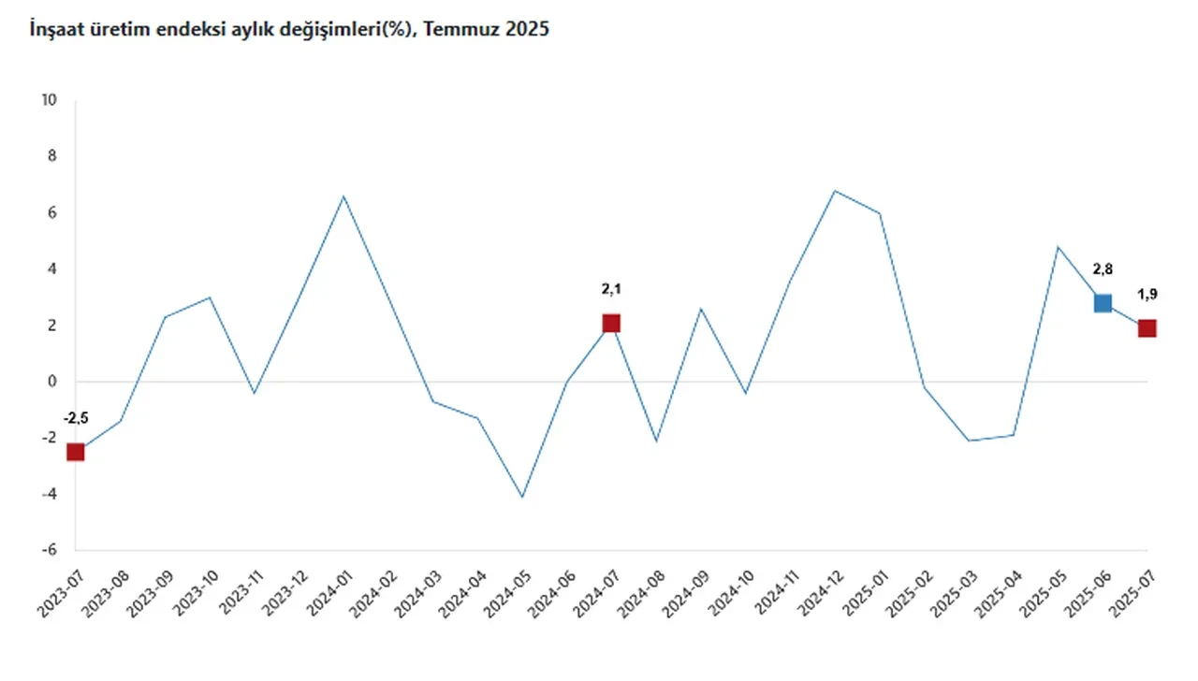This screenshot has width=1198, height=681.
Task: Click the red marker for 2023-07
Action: tap(75, 452)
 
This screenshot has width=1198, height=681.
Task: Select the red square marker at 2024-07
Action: tap(611, 323)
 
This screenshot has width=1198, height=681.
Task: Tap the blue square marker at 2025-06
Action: tap(1103, 302)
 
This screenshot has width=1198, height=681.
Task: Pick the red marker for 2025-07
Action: tap(1147, 328)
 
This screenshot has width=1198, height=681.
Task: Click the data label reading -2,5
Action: tap(75, 418)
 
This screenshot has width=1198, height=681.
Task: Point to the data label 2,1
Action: tap(611, 289)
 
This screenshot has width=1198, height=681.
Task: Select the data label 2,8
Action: tap(1103, 269)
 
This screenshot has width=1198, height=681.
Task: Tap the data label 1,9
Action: tap(1147, 295)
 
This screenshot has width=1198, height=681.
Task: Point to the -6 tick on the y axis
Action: tap(51, 550)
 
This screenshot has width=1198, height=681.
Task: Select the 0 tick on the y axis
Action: tap(53, 382)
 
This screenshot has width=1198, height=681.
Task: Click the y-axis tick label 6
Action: tap(53, 212)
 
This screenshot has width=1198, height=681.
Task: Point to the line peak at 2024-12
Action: tap(835, 191)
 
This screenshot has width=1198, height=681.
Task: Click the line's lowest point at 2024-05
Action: tap(522, 497)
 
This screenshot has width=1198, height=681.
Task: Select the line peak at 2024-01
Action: tap(343, 196)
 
